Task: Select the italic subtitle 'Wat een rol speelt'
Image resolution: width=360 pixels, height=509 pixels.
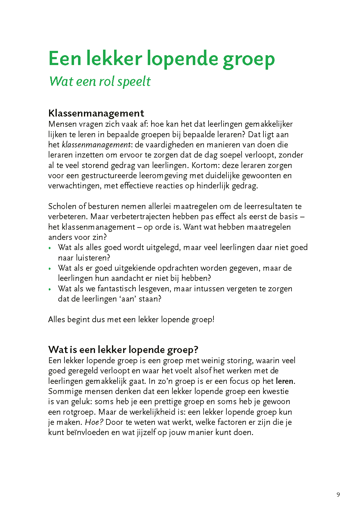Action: tap(100, 81)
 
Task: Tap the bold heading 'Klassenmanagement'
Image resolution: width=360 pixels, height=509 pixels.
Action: tap(96, 113)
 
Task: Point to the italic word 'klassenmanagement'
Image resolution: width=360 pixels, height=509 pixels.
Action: tap(97, 145)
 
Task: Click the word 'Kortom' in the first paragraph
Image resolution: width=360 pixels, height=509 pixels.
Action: tap(205, 165)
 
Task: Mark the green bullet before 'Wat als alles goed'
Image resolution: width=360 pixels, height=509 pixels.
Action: tap(50, 248)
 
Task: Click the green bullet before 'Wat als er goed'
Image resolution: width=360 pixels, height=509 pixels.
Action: tap(50, 269)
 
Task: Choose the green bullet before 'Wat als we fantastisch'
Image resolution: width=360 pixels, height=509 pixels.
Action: tap(50, 289)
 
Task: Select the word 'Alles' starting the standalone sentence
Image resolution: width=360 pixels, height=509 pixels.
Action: tap(56, 319)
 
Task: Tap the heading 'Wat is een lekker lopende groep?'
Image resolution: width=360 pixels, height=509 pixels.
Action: tap(123, 350)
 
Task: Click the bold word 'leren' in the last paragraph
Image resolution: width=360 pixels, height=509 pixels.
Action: tap(284, 381)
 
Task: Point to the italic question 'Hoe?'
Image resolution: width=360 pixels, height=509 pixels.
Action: tap(94, 422)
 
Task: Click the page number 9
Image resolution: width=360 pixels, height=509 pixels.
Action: tap(338, 495)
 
